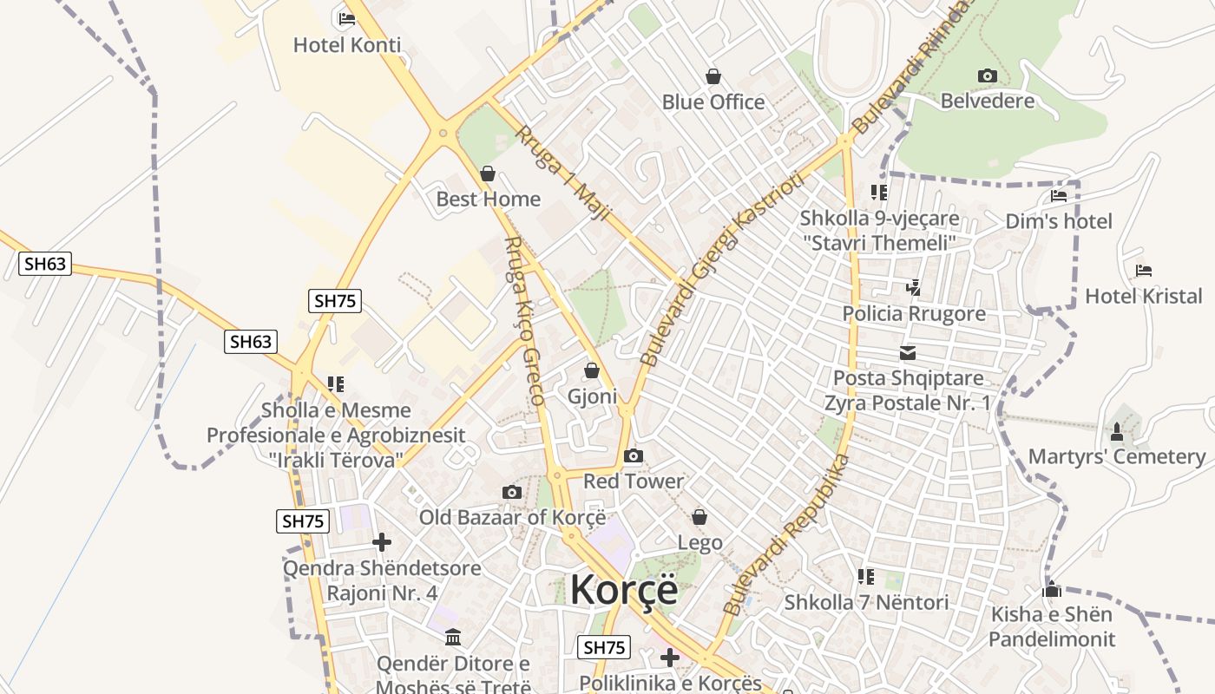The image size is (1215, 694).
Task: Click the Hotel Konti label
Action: click(347, 45)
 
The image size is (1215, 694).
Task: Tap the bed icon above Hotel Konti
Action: click(347, 18)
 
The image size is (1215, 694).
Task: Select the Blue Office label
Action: click(713, 102)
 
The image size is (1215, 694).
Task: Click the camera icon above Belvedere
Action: click(987, 76)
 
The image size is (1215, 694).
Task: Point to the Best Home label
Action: click(488, 200)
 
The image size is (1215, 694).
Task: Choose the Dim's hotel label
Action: click(1059, 221)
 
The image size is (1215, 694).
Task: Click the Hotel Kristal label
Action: click(1144, 297)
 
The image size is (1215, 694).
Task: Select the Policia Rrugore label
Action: click(914, 314)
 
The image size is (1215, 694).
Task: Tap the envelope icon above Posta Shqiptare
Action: click(908, 353)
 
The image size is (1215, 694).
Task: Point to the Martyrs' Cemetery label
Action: click(1117, 457)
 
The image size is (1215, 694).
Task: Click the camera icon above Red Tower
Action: click(634, 456)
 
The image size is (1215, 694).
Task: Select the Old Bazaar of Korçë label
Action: click(512, 518)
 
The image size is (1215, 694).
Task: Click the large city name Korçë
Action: click(624, 590)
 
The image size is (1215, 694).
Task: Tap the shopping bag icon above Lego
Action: click(699, 518)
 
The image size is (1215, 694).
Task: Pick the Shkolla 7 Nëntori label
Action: click(866, 602)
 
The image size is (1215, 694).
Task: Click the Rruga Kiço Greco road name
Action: click(524, 321)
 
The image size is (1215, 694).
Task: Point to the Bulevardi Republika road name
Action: click(785, 535)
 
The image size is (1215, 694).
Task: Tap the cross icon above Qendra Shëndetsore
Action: click(381, 543)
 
